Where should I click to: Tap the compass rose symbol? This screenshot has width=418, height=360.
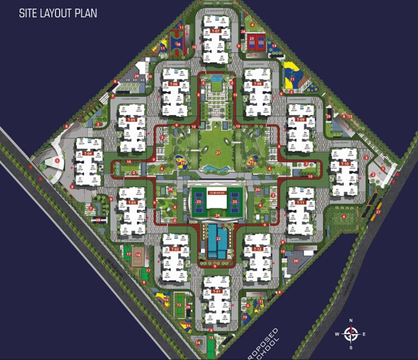point(351,334)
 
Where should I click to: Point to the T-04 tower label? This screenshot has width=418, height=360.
point(88,153)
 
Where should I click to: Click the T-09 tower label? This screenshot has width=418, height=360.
point(301,120)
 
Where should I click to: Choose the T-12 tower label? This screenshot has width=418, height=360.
point(258,248)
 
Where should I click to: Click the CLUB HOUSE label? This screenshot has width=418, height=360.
point(216,192)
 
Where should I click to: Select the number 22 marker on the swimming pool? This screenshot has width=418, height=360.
point(218,223)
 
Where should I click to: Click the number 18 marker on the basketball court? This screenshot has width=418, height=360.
point(178,44)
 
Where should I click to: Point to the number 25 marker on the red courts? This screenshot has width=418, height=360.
point(252,39)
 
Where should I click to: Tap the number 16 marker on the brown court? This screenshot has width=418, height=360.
point(138,254)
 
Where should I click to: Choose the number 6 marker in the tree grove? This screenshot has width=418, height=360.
point(343,216)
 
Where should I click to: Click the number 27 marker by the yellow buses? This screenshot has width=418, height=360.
point(378,212)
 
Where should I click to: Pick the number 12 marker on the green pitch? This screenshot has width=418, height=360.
point(179,305)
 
